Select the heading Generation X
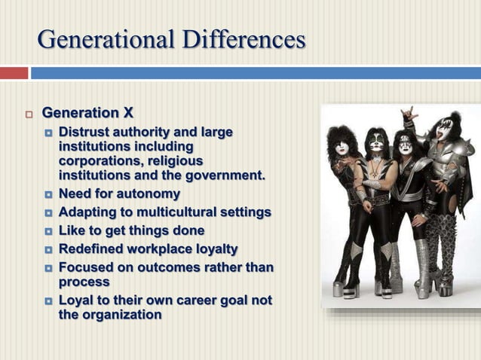tap(87, 114)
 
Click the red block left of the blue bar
tap(14, 73)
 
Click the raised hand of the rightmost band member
tap(409, 114)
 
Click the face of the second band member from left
tap(377, 143)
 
